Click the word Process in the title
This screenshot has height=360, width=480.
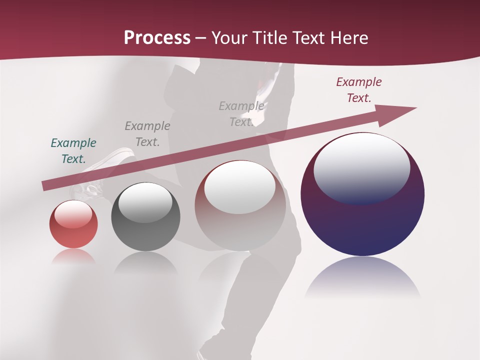[157, 38]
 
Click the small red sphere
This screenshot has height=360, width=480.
[73, 225]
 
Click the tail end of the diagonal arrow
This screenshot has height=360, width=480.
[44, 186]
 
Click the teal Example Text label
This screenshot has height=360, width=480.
[73, 151]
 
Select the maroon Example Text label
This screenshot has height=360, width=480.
[358, 90]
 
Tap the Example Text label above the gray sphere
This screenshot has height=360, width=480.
[147, 134]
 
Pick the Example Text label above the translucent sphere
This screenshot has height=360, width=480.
[241, 114]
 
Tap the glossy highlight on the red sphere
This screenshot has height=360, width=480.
[73, 214]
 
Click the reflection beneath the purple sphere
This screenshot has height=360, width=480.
[362, 277]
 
